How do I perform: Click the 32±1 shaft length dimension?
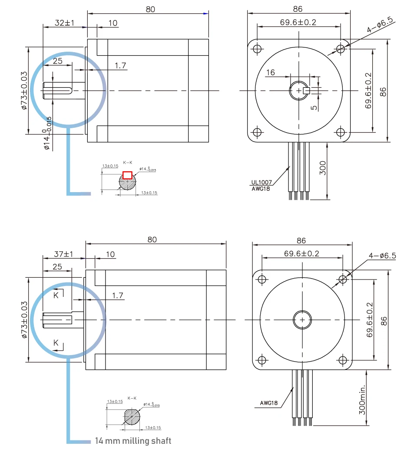click(64, 23)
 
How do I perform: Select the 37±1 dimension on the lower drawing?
click(63, 254)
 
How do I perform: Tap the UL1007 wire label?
click(261, 183)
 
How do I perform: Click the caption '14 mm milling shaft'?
click(133, 441)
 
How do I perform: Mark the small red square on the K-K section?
click(127, 175)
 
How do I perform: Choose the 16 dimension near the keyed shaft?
click(271, 73)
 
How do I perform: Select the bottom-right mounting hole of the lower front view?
click(343, 360)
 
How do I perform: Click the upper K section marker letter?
click(56, 295)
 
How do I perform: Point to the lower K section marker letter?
click(56, 343)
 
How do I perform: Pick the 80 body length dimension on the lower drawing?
click(152, 239)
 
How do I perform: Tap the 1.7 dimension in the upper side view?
click(120, 66)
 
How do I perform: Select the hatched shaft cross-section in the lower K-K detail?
click(132, 417)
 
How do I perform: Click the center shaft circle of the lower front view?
click(302, 319)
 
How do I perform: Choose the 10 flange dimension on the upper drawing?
click(113, 23)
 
